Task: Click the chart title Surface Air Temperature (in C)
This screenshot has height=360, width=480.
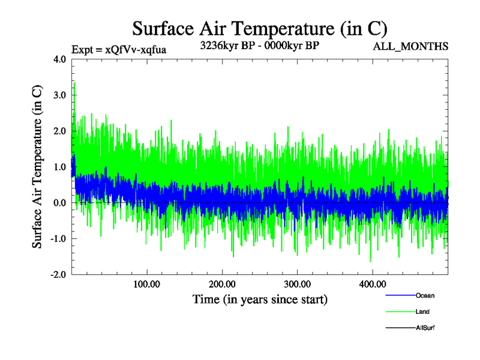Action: point(259,29)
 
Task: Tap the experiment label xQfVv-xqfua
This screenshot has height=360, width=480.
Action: point(118,50)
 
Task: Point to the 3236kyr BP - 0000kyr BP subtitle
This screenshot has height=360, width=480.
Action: point(259,46)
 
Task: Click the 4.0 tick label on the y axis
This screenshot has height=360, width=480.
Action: point(61,59)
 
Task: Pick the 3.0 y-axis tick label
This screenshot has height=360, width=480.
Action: point(61,95)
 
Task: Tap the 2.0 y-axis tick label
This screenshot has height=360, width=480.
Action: point(61,131)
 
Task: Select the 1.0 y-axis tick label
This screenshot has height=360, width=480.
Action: point(61,167)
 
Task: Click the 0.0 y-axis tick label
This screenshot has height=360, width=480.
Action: point(61,203)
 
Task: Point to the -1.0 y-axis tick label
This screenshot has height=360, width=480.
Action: point(59,239)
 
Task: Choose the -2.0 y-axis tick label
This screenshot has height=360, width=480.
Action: point(59,275)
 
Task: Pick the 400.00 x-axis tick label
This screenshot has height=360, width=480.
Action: point(372,284)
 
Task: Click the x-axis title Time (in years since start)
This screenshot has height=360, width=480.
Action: point(260,299)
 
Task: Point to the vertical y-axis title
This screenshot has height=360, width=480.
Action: point(37,167)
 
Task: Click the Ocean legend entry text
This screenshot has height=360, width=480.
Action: point(425,296)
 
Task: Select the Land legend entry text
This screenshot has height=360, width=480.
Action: point(422,312)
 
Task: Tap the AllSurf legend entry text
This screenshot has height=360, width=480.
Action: point(425,328)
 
